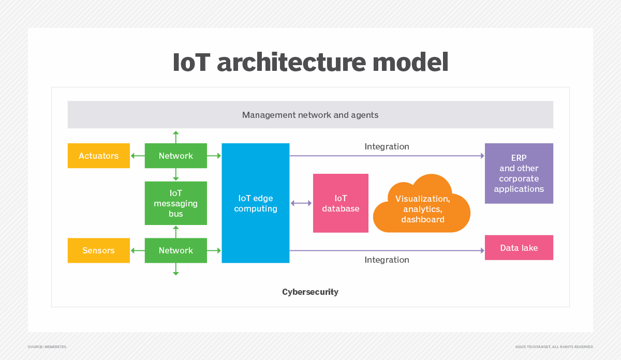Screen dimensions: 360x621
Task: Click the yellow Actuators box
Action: point(98,156)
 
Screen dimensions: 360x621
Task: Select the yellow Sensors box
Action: point(98,250)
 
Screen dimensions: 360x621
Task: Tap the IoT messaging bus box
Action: point(176,203)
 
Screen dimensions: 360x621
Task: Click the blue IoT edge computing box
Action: point(256,203)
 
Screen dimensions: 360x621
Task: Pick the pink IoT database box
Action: point(341,203)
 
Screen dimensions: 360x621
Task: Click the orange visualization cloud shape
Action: point(422,207)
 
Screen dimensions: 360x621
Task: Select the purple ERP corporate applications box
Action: point(519,173)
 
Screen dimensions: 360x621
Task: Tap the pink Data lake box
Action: point(519,248)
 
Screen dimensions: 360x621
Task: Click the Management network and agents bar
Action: point(310,115)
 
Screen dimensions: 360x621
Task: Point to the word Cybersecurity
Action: point(310,292)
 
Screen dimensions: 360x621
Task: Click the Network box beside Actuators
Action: point(176,156)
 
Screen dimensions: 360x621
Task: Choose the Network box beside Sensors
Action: point(176,250)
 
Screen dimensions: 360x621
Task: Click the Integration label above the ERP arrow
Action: point(387,147)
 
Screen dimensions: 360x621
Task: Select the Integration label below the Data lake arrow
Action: point(387,260)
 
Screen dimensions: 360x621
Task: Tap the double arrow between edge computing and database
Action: point(301,203)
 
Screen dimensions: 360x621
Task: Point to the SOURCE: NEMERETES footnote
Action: point(47,347)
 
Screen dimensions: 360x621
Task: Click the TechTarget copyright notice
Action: point(554,347)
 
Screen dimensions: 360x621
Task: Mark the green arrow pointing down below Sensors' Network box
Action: point(176,269)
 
